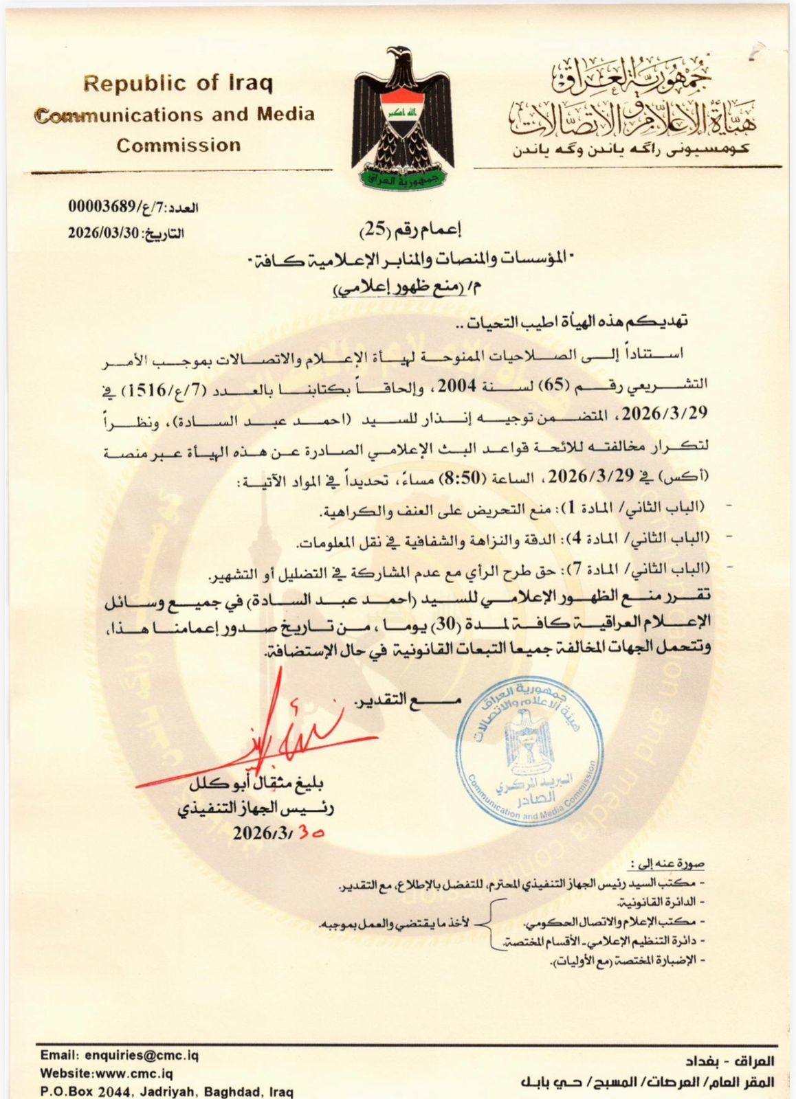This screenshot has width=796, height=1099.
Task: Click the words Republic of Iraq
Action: (x=178, y=84)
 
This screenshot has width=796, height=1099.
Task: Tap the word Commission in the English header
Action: (x=178, y=146)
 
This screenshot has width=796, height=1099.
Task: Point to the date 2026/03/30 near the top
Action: (x=103, y=232)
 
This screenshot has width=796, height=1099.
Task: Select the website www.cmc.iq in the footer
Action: (x=107, y=1073)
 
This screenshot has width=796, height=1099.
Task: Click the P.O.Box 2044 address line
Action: (x=167, y=1091)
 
